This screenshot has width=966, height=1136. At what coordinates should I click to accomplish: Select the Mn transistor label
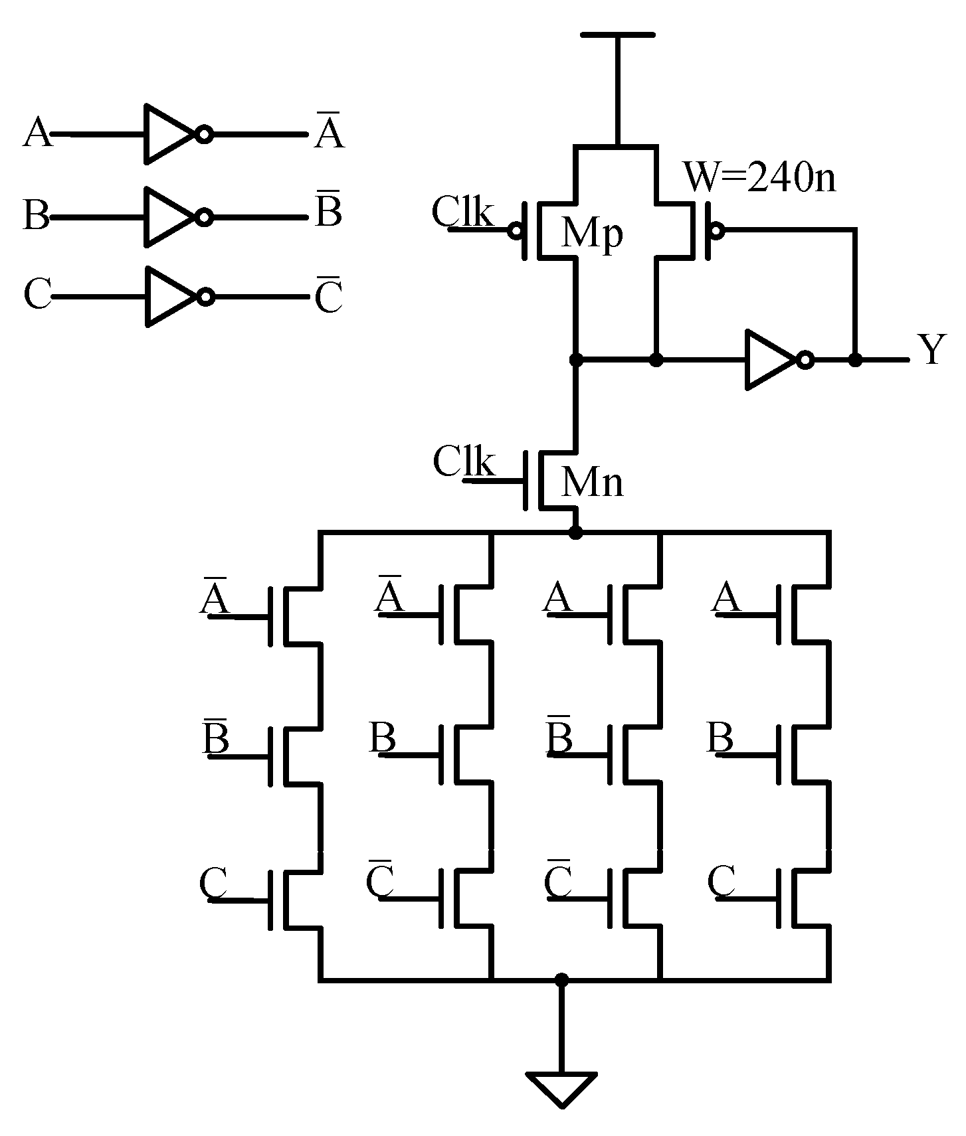(592, 482)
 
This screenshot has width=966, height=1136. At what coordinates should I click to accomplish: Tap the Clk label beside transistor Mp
(462, 213)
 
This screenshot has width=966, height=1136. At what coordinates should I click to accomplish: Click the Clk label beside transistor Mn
(464, 461)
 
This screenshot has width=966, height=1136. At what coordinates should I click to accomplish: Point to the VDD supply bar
(617, 35)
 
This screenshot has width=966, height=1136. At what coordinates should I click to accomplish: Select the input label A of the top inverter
(37, 133)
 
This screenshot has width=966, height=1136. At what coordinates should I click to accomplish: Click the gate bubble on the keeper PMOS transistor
(716, 230)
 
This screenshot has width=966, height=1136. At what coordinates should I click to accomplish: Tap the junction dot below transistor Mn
(576, 532)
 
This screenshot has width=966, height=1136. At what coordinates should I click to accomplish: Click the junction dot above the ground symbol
(562, 979)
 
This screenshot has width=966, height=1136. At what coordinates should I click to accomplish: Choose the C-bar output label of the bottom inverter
(328, 297)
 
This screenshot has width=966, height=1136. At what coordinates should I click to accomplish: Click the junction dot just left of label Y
(856, 360)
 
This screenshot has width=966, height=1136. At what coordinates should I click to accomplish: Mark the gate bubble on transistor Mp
(514, 230)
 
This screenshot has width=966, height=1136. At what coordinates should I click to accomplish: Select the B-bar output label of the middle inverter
(328, 212)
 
